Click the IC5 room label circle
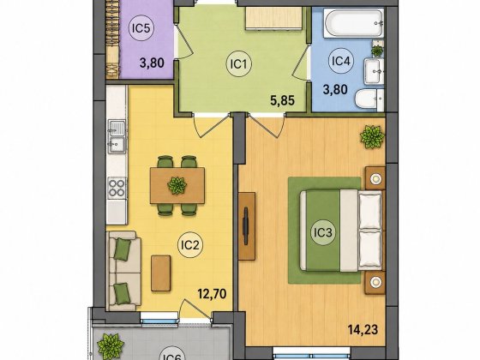[141, 28]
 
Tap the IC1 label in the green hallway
[239, 64]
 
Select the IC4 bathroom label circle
[341, 61]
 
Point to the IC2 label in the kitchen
[190, 245]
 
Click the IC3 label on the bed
[323, 232]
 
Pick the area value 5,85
[282, 100]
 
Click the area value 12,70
[213, 294]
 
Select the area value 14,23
[363, 330]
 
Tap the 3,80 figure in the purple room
[152, 63]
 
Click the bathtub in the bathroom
[353, 23]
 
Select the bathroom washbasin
[374, 71]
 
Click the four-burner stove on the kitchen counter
[117, 189]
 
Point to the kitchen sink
[117, 136]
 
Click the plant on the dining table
[177, 185]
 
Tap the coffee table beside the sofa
[161, 273]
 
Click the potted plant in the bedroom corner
[372, 136]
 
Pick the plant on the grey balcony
[111, 346]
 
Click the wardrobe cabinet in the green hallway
[274, 18]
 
